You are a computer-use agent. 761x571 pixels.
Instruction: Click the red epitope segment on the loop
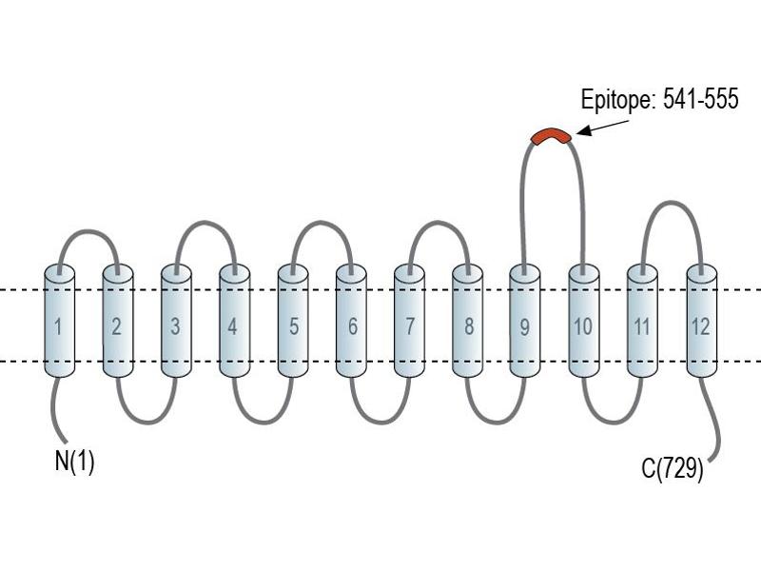(552, 135)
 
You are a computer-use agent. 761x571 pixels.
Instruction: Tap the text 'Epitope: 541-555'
(659, 99)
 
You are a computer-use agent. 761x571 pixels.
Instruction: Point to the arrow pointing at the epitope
(602, 128)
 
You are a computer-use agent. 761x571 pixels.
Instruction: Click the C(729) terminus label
(673, 468)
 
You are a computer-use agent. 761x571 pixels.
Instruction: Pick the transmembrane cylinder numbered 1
(60, 321)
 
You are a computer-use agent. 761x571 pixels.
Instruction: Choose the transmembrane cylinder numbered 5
(293, 321)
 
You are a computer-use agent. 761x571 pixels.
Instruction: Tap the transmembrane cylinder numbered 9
(525, 321)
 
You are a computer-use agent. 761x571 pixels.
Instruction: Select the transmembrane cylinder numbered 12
(702, 321)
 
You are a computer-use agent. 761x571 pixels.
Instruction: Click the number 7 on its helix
(410, 326)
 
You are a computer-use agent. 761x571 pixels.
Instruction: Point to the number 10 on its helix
(583, 326)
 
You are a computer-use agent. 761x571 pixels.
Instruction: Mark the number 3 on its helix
(176, 326)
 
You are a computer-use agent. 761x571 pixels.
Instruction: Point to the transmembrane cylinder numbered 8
(467, 321)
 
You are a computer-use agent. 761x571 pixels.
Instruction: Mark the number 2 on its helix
(116, 326)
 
